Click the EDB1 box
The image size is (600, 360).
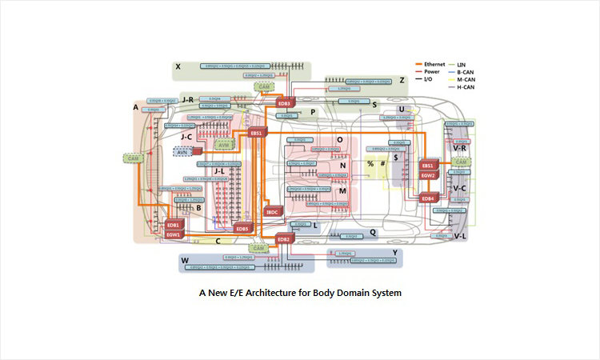[x=174, y=226]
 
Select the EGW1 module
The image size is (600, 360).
[x=174, y=235]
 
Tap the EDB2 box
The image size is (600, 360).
[x=284, y=239]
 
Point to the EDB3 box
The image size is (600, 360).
[x=285, y=103]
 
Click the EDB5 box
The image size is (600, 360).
[x=242, y=229]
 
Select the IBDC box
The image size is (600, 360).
[x=272, y=212]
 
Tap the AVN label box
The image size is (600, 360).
[x=182, y=151]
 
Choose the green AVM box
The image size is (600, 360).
[x=224, y=145]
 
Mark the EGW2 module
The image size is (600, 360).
[x=428, y=174]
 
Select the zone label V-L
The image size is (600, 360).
[x=460, y=237]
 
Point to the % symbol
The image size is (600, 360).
[x=370, y=164]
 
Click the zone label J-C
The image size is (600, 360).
[x=186, y=137]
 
